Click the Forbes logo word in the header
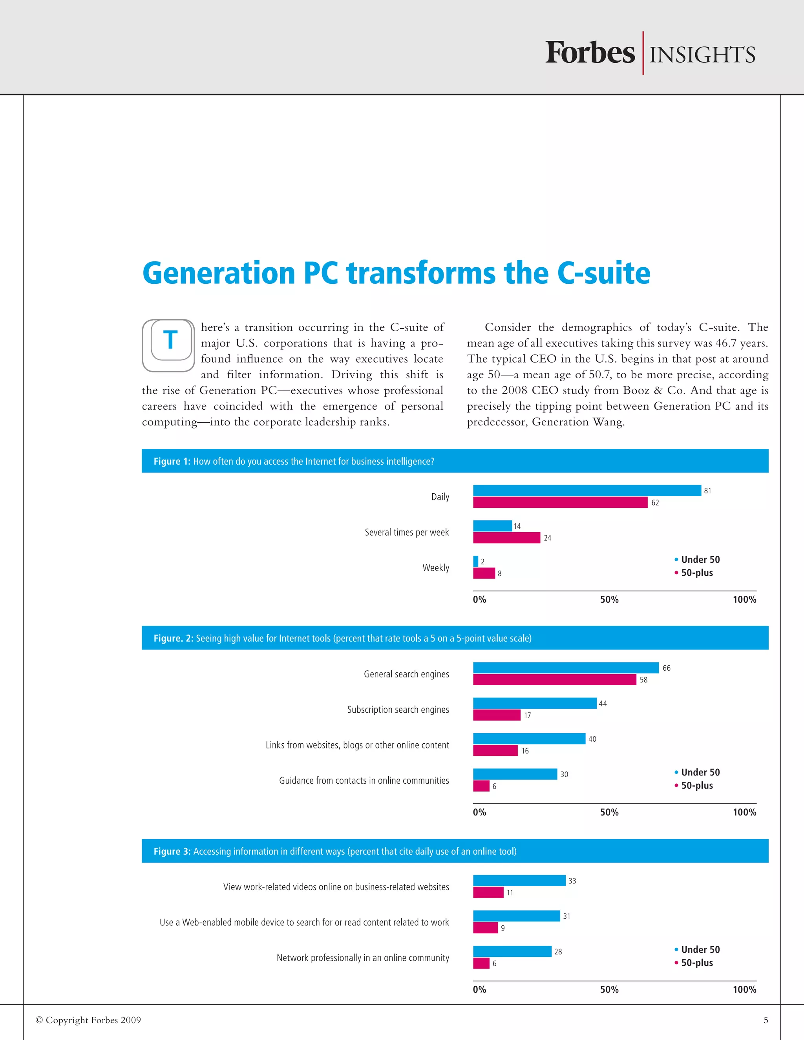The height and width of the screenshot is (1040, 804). (x=590, y=53)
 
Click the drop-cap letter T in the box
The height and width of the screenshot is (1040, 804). (x=170, y=340)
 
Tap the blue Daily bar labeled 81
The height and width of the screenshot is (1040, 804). (x=587, y=490)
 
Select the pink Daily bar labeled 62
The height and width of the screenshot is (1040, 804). (x=560, y=502)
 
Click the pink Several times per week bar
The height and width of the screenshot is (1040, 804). (x=506, y=538)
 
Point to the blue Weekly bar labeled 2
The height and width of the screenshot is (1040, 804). (x=475, y=562)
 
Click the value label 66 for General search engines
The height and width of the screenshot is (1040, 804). (x=666, y=668)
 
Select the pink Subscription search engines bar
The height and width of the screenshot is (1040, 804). (x=496, y=715)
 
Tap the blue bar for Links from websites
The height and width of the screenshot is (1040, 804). (x=529, y=739)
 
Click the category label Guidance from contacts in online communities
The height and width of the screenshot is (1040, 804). (x=364, y=781)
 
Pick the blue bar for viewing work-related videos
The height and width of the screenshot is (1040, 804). (x=519, y=881)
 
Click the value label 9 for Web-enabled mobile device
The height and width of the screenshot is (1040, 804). (x=502, y=928)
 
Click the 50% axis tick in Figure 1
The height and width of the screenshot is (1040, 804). (x=609, y=600)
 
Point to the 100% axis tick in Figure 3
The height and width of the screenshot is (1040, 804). (x=744, y=989)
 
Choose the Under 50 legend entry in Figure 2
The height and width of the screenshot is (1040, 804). (x=700, y=772)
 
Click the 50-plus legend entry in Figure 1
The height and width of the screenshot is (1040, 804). (x=696, y=573)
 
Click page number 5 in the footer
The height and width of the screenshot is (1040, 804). (x=766, y=1020)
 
